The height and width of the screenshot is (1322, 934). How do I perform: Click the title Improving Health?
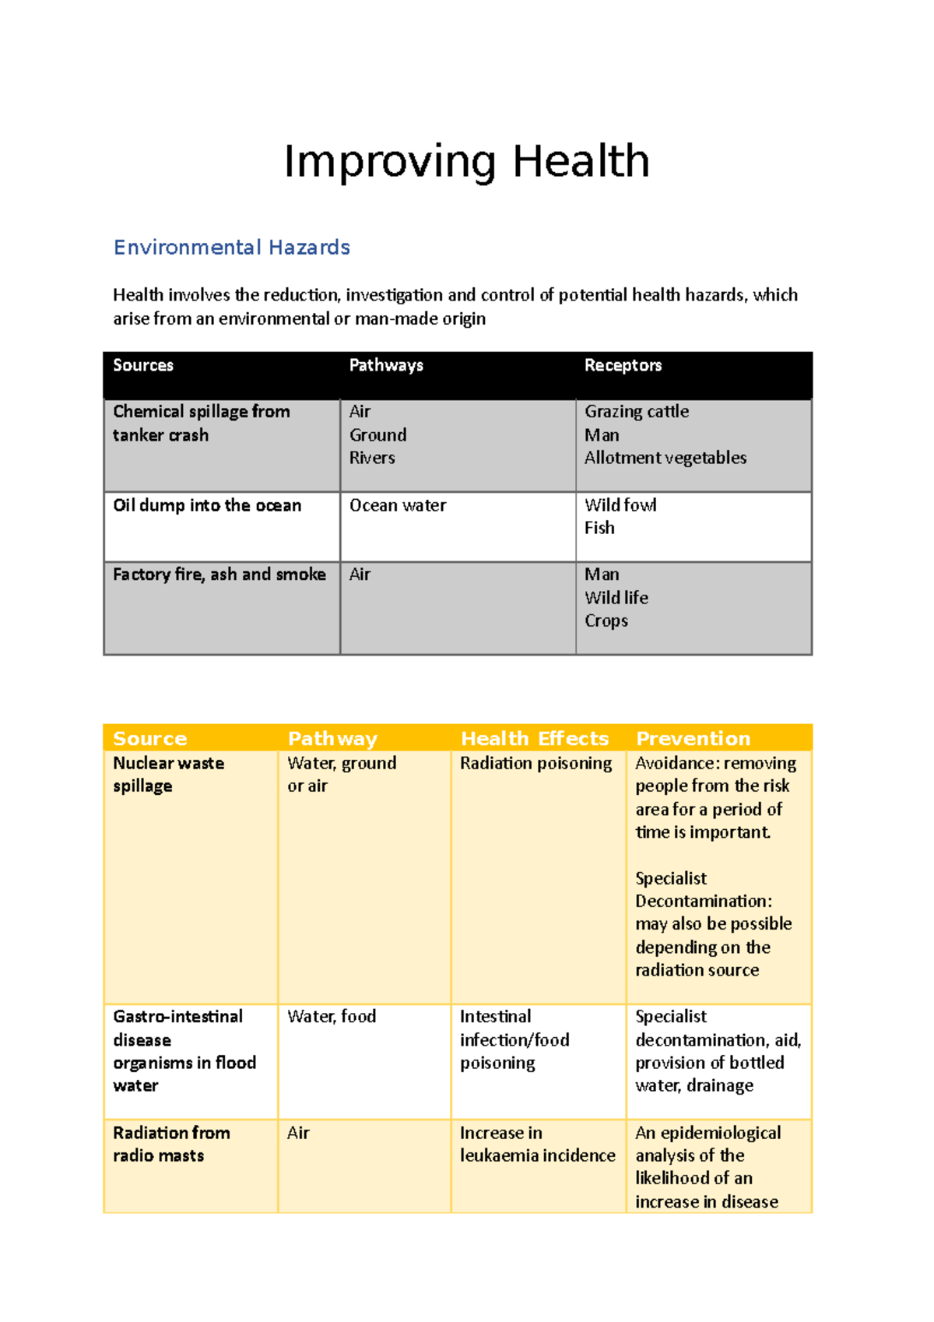tap(466, 162)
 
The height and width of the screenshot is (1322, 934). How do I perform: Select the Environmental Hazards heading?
tap(231, 248)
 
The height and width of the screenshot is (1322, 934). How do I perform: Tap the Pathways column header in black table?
tap(386, 365)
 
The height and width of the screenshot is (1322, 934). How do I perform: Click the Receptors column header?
tap(623, 365)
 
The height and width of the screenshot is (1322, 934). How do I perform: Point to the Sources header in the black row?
tap(143, 365)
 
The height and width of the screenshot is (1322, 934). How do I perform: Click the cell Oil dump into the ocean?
tap(207, 505)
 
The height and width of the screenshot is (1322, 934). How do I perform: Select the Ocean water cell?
tap(398, 505)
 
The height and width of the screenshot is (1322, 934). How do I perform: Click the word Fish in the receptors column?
tap(599, 528)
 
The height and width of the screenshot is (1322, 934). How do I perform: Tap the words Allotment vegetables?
tap(665, 458)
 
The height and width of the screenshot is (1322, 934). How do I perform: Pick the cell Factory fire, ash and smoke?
tap(219, 575)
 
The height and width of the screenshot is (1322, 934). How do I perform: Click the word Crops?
tap(606, 621)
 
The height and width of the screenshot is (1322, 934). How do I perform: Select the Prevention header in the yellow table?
tap(693, 738)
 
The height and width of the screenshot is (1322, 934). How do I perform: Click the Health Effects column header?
tap(535, 738)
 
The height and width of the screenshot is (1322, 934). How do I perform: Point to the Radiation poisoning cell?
tap(535, 763)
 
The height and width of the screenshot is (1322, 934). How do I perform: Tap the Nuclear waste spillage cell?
tap(168, 774)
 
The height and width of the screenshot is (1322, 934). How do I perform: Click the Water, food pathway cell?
tap(332, 1016)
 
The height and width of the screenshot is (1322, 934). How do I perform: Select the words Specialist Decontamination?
tap(703, 890)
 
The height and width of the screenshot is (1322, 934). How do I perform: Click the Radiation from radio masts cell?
tap(171, 1144)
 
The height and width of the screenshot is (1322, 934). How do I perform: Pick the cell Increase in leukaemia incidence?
tap(537, 1144)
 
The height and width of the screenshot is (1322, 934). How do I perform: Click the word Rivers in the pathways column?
tap(372, 458)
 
